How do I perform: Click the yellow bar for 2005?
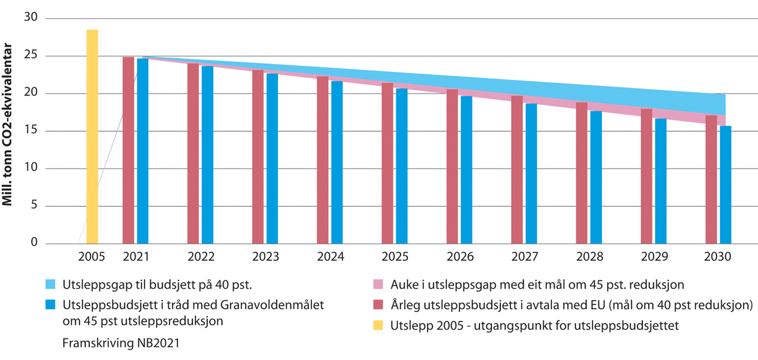pyautogui.click(x=92, y=136)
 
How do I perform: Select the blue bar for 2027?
pyautogui.click(x=531, y=174)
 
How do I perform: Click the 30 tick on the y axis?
pyautogui.click(x=30, y=19)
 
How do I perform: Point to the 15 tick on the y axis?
pyautogui.click(x=30, y=131)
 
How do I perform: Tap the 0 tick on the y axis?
pyautogui.click(x=34, y=243)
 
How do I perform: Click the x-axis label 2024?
pyautogui.click(x=330, y=258)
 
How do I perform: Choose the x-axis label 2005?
pyautogui.click(x=92, y=258)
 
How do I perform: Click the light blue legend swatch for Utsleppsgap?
pyautogui.click(x=52, y=284)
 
